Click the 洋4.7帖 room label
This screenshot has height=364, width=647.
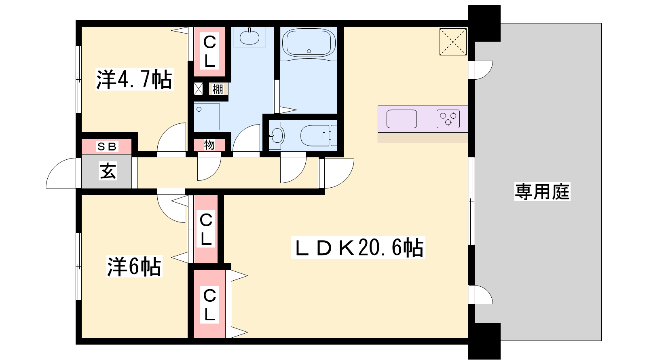click(134, 79)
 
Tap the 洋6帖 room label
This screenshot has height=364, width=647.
click(134, 266)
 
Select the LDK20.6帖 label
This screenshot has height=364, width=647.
click(358, 248)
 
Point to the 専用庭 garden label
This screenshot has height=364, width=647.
click(542, 192)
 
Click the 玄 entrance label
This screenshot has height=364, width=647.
click(108, 171)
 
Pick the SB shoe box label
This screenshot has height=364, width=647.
click(107, 147)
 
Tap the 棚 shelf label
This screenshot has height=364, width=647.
click(218, 89)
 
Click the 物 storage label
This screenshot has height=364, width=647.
click(209, 145)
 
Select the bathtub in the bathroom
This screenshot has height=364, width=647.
click(309, 43)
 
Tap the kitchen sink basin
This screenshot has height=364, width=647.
click(402, 119)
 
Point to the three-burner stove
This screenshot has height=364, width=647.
click(448, 119)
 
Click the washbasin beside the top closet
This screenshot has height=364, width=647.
click(249, 37)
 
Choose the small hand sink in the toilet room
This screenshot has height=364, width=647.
click(277, 135)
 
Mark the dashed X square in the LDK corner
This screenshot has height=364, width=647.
click(453, 42)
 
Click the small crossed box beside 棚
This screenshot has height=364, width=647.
click(199, 89)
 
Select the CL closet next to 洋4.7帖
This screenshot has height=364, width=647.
click(209, 51)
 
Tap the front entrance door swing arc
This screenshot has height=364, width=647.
click(55, 166)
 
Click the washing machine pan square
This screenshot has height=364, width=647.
click(207, 117)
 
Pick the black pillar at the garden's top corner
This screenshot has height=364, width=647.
click(484, 23)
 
